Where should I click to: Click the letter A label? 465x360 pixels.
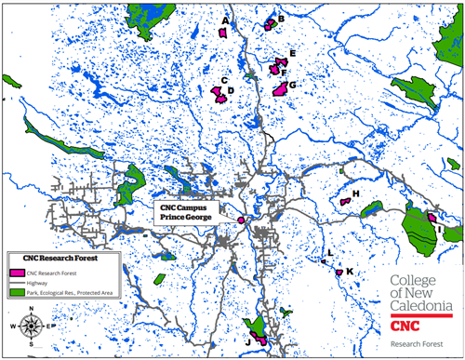[x=225, y=20]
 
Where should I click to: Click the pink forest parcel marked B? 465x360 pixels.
[x=272, y=24]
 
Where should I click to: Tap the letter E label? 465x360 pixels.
[x=292, y=55]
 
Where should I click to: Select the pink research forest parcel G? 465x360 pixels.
[x=280, y=89]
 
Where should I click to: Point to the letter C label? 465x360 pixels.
[x=223, y=81]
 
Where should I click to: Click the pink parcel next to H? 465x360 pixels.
[x=344, y=201]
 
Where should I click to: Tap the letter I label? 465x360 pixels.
[x=437, y=229]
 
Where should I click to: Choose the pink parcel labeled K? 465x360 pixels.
[x=339, y=272]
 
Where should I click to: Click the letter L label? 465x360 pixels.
[x=329, y=253]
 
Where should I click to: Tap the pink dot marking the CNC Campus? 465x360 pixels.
[x=241, y=220]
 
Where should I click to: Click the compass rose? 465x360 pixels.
[x=30, y=327]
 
